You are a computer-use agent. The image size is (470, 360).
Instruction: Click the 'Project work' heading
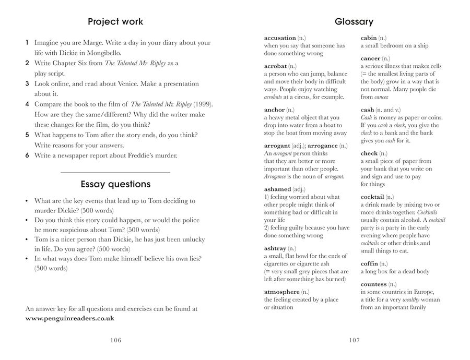tap(115, 22)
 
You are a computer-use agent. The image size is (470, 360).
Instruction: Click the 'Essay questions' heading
tap(115, 184)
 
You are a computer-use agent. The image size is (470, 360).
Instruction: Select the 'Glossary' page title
tap(354, 22)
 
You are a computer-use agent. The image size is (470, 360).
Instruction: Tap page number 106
tap(115, 340)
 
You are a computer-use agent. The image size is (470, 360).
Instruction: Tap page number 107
tap(354, 340)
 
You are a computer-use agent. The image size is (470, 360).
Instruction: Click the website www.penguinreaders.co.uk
tap(70, 318)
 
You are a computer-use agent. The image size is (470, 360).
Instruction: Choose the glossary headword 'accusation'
tap(280, 38)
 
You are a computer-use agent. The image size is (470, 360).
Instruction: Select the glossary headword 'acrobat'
tap(275, 67)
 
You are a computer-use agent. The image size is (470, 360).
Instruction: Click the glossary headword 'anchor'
tap(274, 110)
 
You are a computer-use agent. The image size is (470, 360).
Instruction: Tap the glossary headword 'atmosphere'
tap(282, 292)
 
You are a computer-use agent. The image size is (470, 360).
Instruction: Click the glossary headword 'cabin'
tap(369, 38)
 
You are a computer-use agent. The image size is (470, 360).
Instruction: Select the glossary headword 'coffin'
tap(370, 264)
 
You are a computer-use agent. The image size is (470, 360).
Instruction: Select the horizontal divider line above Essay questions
tap(115, 172)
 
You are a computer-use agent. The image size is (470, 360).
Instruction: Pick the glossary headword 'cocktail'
tap(372, 197)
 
